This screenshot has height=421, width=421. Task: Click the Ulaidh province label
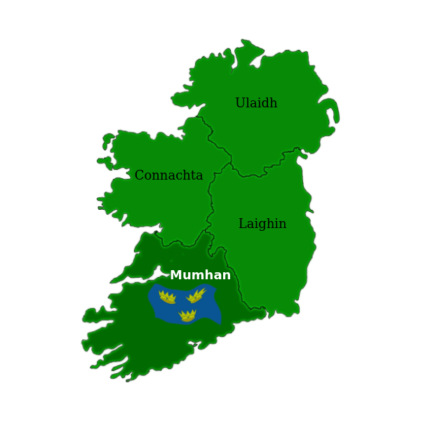click(256, 103)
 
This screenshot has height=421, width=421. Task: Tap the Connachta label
click(168, 175)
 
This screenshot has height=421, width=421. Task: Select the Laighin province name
click(262, 224)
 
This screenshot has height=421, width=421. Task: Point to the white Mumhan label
click(200, 275)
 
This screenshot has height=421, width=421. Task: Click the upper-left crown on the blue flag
click(167, 298)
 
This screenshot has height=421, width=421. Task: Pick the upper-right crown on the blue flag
click(196, 295)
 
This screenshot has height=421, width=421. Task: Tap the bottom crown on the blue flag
click(187, 316)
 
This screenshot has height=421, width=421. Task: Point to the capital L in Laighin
click(243, 224)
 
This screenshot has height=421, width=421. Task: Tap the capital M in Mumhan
click(175, 275)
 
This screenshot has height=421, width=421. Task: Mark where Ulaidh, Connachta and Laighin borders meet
click(231, 163)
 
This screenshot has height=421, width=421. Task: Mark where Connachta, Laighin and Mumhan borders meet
click(209, 232)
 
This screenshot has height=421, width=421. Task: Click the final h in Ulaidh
click(273, 103)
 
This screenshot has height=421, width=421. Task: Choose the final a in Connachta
click(199, 176)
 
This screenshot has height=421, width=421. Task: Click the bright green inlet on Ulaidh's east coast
click(331, 116)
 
